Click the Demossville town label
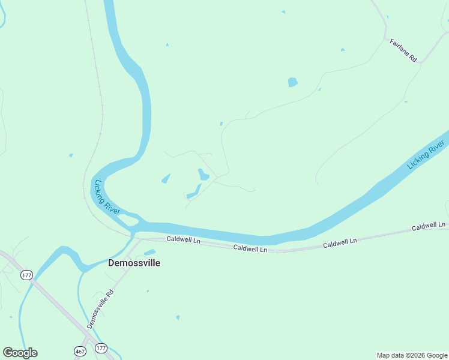(x=134, y=263)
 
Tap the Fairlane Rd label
(x=403, y=50)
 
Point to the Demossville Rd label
(x=100, y=310)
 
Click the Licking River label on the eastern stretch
(x=426, y=154)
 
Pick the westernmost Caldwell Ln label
(x=183, y=239)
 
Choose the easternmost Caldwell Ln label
(x=429, y=226)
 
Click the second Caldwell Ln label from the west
(x=250, y=248)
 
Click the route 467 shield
(x=80, y=350)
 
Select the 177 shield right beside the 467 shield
(x=101, y=348)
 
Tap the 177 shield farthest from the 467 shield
(x=26, y=275)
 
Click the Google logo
(x=20, y=353)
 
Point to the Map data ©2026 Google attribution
(x=412, y=355)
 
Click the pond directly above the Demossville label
(x=149, y=252)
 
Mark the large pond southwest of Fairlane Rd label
(x=292, y=82)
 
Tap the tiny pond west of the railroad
(x=71, y=155)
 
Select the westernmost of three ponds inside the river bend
(x=166, y=178)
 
